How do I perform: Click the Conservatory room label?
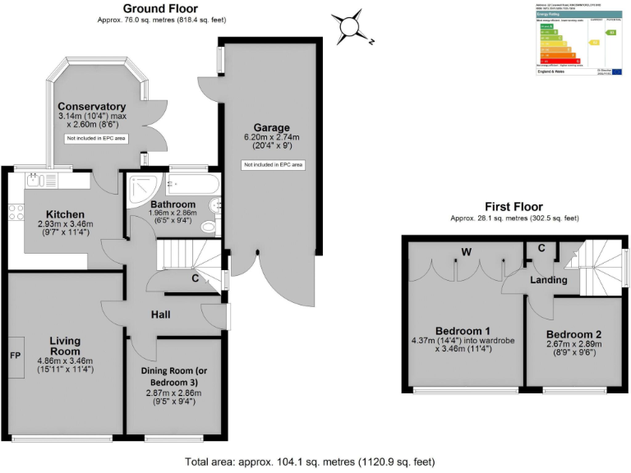[92, 107]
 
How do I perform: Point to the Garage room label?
[272, 127]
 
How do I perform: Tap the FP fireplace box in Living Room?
[15, 356]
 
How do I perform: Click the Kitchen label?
[67, 213]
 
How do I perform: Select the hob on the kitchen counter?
[16, 211]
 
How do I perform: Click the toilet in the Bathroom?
[210, 226]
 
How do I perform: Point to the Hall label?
[160, 314]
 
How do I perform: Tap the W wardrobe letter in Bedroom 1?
[465, 250]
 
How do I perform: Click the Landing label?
[548, 280]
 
